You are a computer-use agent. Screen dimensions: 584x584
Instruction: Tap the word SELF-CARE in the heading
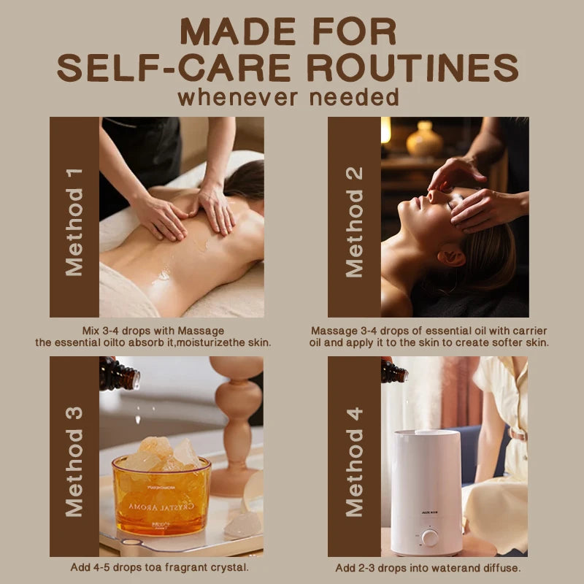[x=174, y=67]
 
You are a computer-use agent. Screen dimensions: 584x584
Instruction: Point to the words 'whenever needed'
[x=288, y=98]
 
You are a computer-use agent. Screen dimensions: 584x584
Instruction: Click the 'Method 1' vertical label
[x=74, y=223]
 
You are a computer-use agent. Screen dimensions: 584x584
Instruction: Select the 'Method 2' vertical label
[x=354, y=223]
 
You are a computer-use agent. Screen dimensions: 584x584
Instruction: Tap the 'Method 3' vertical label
[x=74, y=462]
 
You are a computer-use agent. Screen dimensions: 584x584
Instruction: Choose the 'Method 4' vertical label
[x=354, y=462]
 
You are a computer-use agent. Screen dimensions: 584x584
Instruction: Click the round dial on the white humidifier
[x=430, y=538]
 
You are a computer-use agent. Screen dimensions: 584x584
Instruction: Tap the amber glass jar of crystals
[x=161, y=494]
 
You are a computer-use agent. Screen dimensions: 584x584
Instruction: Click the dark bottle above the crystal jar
[x=119, y=374]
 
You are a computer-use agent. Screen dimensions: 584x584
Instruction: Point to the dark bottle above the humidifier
[x=394, y=371]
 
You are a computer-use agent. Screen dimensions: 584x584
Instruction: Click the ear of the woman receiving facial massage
[x=451, y=257]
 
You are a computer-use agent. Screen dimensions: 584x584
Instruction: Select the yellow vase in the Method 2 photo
[x=424, y=139]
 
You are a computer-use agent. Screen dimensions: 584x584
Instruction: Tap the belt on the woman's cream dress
[x=518, y=434]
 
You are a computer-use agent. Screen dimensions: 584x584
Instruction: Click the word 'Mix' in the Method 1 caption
[x=90, y=331]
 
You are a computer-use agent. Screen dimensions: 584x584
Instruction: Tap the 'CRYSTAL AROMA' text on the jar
[x=161, y=507]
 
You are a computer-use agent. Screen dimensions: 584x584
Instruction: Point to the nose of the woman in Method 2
[x=432, y=195]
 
